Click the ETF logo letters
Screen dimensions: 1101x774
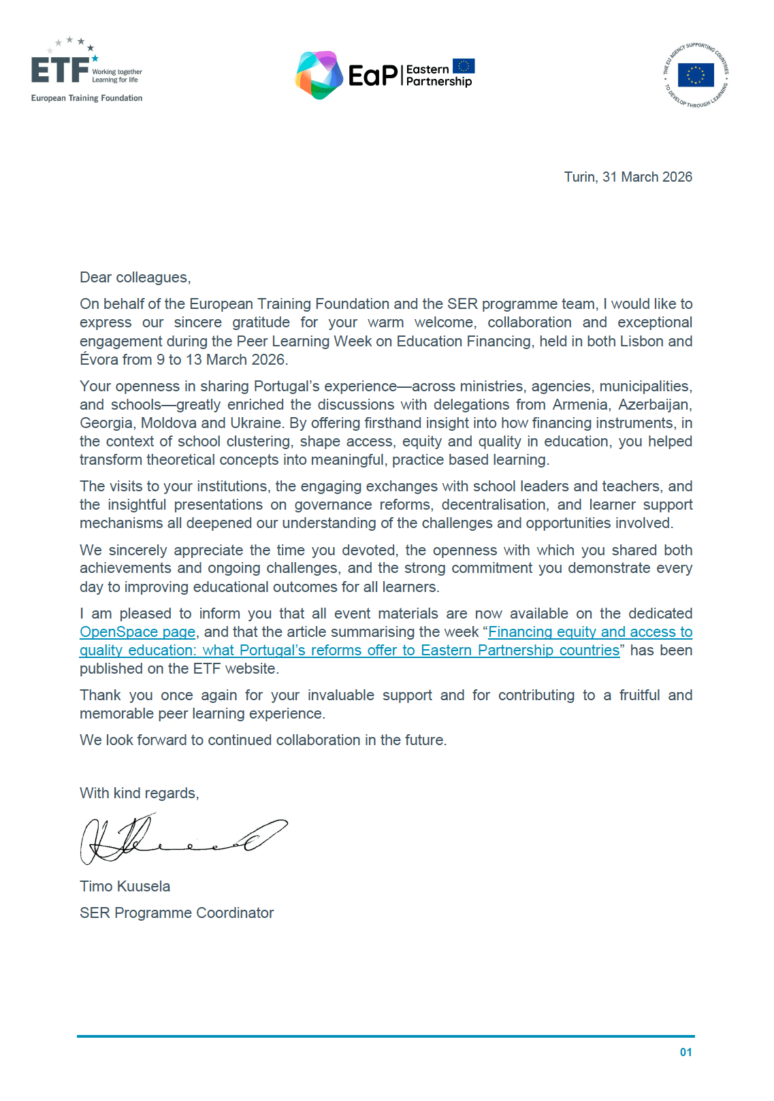(60, 70)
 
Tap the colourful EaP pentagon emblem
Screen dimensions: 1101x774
(319, 75)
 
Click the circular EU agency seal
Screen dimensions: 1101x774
(696, 75)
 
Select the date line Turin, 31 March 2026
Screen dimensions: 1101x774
(628, 177)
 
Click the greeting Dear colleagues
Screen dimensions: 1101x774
(135, 278)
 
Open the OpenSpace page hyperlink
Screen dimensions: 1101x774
(138, 632)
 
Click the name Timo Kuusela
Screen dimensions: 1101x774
(125, 887)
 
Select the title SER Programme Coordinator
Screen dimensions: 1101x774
(176, 913)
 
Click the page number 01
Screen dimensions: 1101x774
(686, 1053)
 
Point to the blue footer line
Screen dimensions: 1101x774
(385, 1036)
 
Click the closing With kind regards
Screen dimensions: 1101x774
(139, 793)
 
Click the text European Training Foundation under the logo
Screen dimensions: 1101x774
(86, 98)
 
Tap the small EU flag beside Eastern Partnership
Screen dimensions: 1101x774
(464, 66)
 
